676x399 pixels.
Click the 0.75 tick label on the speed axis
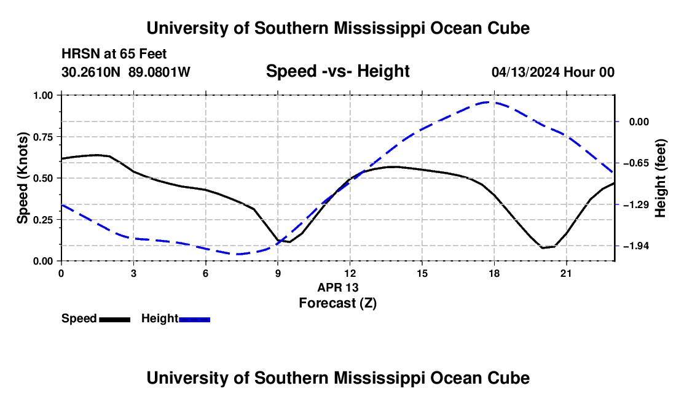tap(43, 137)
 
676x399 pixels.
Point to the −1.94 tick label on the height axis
tap(636, 246)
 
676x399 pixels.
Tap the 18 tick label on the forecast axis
tap(494, 273)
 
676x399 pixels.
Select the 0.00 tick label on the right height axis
tap(639, 122)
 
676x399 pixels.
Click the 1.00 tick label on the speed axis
tap(43, 95)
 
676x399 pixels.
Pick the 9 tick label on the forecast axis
tap(278, 273)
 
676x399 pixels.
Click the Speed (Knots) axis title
tap(22, 178)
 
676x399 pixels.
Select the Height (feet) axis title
tap(660, 178)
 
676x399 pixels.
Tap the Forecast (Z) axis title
tap(337, 303)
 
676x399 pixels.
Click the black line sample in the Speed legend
tap(115, 320)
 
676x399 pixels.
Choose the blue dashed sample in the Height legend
tap(194, 320)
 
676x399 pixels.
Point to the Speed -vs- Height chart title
tap(337, 71)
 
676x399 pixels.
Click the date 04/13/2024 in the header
tap(525, 72)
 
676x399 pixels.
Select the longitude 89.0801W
tap(159, 72)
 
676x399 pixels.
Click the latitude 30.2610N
tap(91, 72)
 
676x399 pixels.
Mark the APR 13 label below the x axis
tap(337, 287)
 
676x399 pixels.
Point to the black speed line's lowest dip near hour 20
tap(543, 248)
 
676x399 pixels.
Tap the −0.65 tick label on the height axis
tap(636, 163)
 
